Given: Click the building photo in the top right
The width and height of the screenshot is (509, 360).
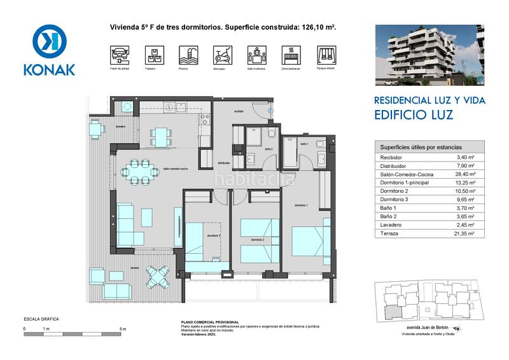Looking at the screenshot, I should click(429, 55).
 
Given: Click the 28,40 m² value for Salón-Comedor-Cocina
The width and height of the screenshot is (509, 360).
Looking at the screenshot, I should click(466, 174).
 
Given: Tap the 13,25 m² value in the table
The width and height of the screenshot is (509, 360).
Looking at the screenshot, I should click(466, 183).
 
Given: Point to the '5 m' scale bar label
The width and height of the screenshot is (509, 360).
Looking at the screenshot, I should click(123, 329).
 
